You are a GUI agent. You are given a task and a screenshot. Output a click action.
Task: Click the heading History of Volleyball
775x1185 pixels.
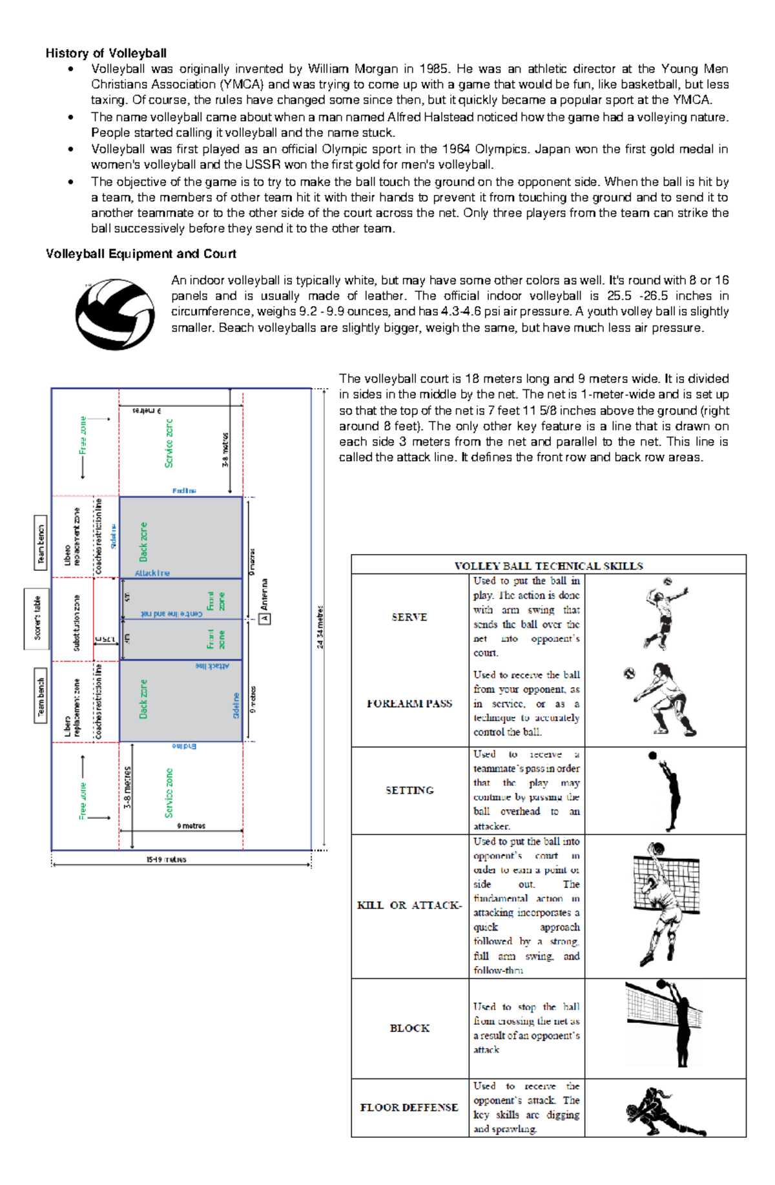click(x=106, y=53)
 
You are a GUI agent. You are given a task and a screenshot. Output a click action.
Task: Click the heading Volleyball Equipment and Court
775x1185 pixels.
click(x=141, y=254)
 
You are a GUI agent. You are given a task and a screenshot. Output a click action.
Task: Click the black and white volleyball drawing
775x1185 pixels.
click(x=115, y=314)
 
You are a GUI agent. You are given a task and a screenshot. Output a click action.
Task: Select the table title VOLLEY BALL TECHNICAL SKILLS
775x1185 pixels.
click(x=548, y=566)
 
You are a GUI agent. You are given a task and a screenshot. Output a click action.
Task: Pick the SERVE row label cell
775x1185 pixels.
click(x=409, y=617)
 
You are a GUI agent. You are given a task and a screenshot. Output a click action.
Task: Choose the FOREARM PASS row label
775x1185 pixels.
click(x=409, y=704)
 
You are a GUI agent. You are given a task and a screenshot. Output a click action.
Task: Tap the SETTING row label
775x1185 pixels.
click(x=409, y=790)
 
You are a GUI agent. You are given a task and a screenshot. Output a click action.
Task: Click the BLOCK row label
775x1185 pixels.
click(x=409, y=1028)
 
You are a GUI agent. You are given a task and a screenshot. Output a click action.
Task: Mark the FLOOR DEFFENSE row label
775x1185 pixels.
click(x=409, y=1108)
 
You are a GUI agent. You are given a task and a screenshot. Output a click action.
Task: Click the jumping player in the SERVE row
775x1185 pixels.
click(x=665, y=613)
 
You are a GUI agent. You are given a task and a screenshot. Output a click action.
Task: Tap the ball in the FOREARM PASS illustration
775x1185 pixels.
click(x=630, y=674)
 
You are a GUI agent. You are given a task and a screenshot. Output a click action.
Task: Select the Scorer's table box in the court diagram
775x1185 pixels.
click(x=37, y=618)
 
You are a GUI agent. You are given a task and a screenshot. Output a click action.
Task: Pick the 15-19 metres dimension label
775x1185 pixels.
click(x=166, y=860)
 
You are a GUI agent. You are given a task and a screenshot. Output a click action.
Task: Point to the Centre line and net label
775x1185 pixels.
click(x=171, y=613)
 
